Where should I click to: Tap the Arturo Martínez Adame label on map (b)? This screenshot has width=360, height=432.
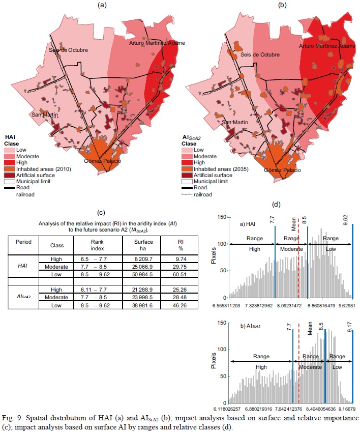click(x=327, y=46)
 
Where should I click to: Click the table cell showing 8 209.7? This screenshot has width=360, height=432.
click(x=139, y=259)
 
